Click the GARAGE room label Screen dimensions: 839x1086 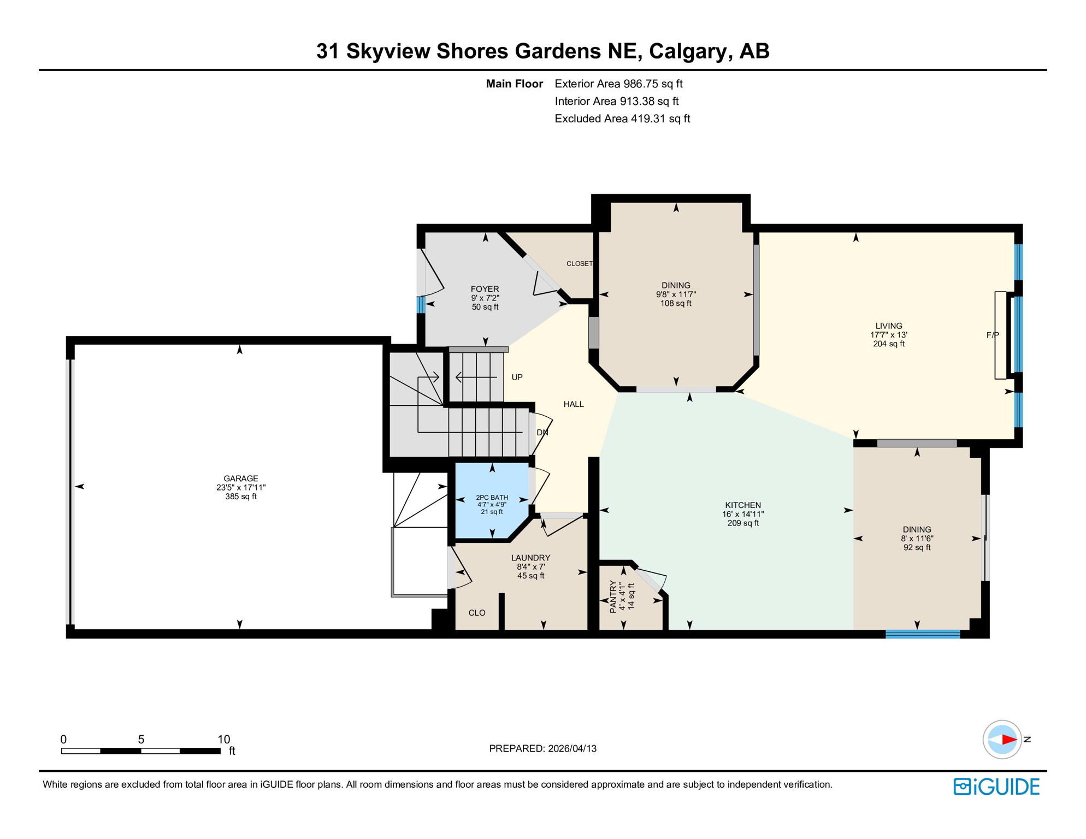point(240,478)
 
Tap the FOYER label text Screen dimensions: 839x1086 point(485,289)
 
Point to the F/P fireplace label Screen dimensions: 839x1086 point(992,335)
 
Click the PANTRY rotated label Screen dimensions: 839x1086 point(613,596)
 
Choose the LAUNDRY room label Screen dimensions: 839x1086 point(530,558)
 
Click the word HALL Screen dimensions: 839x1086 point(574,404)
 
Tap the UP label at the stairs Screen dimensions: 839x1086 point(517,377)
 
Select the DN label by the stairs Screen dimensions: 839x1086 point(542,433)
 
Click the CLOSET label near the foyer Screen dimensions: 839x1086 point(579,264)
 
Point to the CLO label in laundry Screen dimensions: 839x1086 point(477,613)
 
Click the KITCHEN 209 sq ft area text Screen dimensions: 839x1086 point(743,523)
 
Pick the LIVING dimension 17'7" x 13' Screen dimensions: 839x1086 point(889,335)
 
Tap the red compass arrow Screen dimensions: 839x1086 point(1008,740)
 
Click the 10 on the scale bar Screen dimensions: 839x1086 point(224,740)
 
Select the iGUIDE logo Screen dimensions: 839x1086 point(996,787)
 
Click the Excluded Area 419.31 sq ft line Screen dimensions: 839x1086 point(622,119)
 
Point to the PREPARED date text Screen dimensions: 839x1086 point(542,748)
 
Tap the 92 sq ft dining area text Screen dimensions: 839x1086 point(917,547)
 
